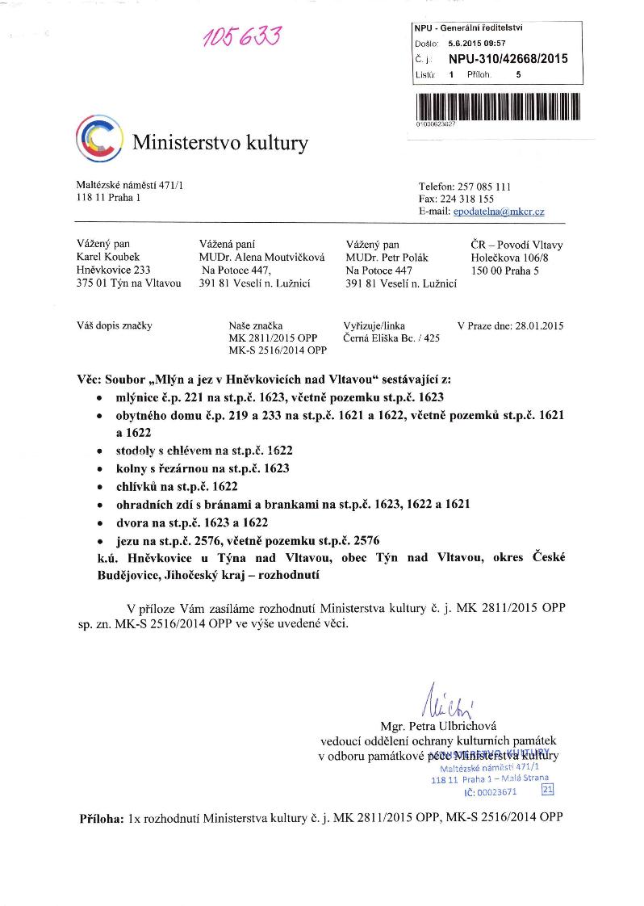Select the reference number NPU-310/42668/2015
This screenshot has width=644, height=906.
(508, 59)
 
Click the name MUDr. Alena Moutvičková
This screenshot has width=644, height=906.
(261, 258)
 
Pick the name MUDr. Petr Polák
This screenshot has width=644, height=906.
(387, 258)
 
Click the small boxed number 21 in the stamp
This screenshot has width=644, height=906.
(548, 790)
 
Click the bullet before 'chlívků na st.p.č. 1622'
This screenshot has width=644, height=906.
(98, 487)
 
